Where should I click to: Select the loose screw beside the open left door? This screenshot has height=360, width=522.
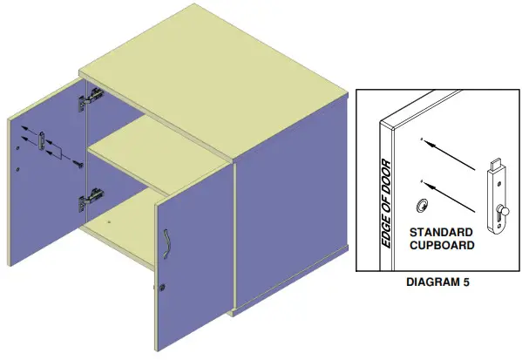(x=77, y=162)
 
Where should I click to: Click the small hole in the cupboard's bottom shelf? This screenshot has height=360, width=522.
(x=110, y=223)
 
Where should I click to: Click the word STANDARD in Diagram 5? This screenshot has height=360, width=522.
(x=441, y=233)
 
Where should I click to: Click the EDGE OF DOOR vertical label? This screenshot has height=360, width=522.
(x=387, y=204)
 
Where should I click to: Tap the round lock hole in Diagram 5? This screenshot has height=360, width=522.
(x=422, y=205)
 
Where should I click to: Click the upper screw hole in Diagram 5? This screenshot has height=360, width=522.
(x=422, y=139)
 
